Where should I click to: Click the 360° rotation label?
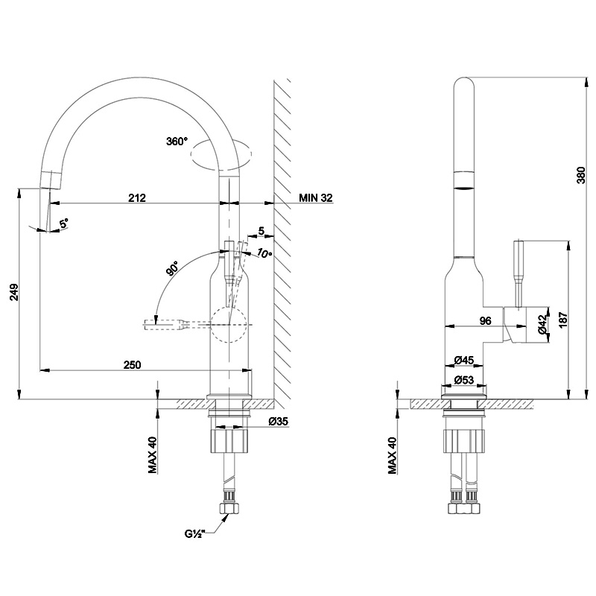click(x=178, y=141)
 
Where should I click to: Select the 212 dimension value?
click(x=136, y=197)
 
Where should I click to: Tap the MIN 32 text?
click(x=316, y=197)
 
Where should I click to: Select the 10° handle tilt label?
click(x=264, y=253)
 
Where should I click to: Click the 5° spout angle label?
click(x=64, y=223)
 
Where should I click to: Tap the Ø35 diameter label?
click(x=279, y=422)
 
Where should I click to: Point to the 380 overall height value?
click(x=582, y=175)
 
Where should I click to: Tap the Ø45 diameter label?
click(x=464, y=361)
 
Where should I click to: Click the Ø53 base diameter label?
click(x=464, y=381)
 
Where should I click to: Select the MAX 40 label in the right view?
click(x=393, y=454)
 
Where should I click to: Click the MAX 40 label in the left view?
click(x=152, y=454)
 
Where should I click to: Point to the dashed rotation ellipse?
click(x=222, y=156)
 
